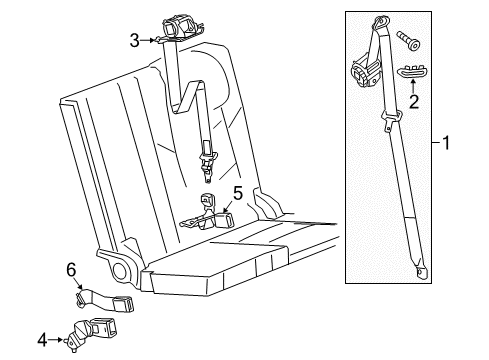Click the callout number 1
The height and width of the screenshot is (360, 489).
click(447, 143)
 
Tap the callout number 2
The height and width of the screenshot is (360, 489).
click(413, 100)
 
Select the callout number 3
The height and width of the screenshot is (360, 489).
click(133, 40)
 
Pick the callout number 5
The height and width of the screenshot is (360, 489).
click(237, 191)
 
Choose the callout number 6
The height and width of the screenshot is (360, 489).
click(71, 270)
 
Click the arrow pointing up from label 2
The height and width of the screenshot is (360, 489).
click(413, 86)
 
